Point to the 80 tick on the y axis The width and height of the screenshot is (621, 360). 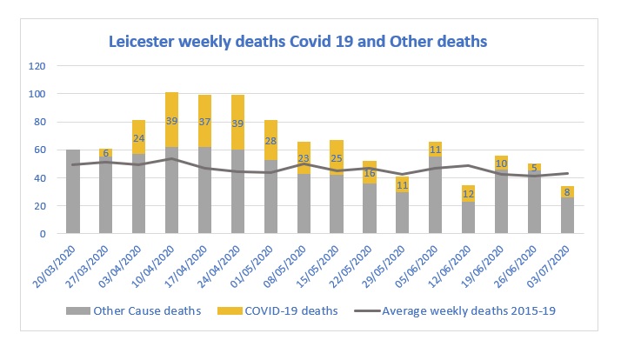point(39,122)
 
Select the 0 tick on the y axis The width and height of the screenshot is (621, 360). point(43,234)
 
